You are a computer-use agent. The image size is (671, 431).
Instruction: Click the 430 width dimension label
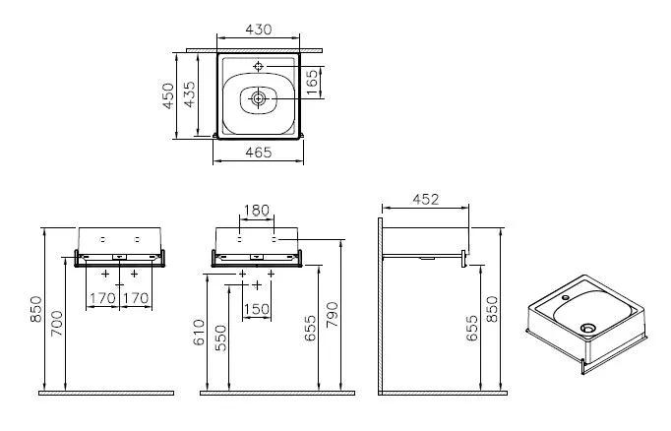pyautogui.click(x=259, y=30)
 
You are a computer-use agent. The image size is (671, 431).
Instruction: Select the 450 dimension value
pyautogui.click(x=168, y=95)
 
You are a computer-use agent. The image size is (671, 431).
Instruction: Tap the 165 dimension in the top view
pyautogui.click(x=313, y=82)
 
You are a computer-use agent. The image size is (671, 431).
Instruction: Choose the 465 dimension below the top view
pyautogui.click(x=259, y=153)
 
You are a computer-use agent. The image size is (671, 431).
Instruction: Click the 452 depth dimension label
pyautogui.click(x=425, y=200)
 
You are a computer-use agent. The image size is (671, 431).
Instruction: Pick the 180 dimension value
pyautogui.click(x=257, y=211)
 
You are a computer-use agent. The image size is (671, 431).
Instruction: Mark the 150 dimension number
pyautogui.click(x=257, y=309)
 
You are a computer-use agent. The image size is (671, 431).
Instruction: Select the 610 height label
pyautogui.click(x=200, y=333)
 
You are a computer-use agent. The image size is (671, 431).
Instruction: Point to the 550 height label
pyautogui.click(x=220, y=339)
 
